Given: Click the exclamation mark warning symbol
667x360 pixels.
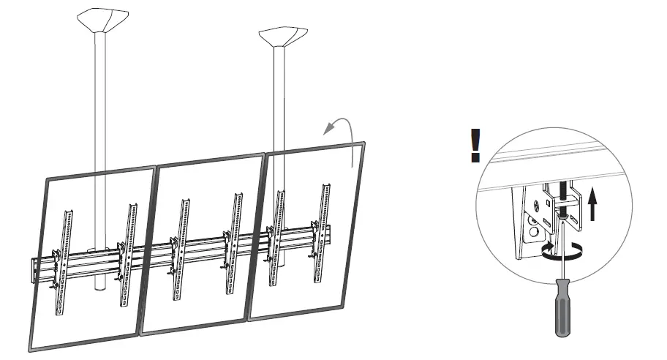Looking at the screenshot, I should (475, 145).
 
